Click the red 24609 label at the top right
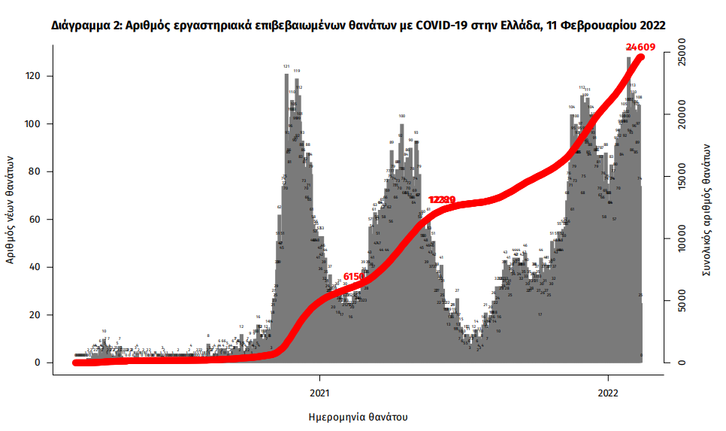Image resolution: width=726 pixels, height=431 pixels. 641,47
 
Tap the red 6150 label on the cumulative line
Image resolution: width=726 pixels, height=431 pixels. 353,277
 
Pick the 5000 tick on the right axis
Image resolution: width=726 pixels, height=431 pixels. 679,301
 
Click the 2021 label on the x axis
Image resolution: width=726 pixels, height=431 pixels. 319,392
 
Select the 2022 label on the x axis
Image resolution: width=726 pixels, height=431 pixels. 607,392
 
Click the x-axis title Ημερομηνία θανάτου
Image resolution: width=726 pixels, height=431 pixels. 358,416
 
